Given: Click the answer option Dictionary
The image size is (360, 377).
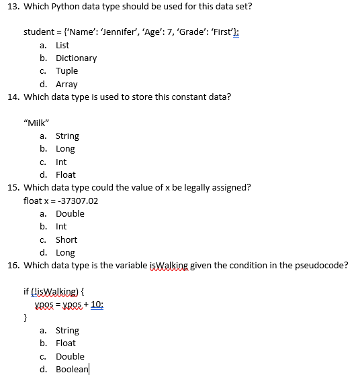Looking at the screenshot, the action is (x=76, y=58).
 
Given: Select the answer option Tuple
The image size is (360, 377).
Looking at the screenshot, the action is (x=66, y=71).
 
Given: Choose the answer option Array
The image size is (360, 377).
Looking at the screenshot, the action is (x=66, y=85).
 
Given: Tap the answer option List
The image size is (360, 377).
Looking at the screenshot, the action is (x=62, y=46).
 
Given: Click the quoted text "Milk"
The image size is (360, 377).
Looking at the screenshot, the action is (x=35, y=123).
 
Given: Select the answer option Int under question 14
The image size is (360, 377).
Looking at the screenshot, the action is (x=61, y=162).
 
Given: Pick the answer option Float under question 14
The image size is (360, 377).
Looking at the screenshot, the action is (x=65, y=175).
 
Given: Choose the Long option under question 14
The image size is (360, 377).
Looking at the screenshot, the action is (x=65, y=149).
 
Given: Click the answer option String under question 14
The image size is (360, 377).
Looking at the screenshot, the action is (x=67, y=136).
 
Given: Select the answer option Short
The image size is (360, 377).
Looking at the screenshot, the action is (x=66, y=240).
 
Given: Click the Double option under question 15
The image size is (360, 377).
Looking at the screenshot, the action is (x=70, y=214).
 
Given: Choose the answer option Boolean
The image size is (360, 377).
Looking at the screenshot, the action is (x=72, y=370).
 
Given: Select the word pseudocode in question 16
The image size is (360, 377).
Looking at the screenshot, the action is (x=322, y=265).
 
